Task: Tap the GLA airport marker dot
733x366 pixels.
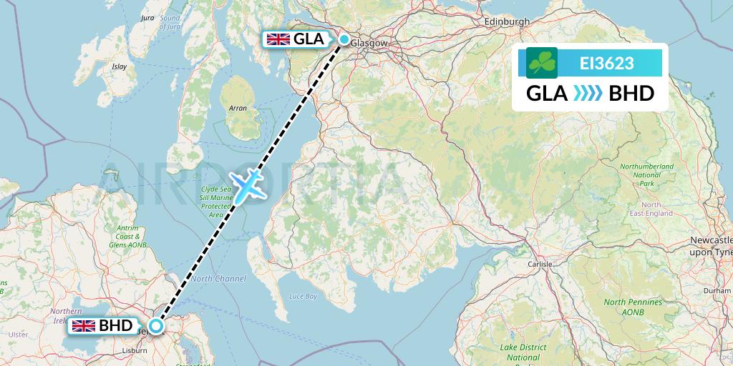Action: click(344, 40)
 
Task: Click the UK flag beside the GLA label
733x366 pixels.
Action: click(278, 40)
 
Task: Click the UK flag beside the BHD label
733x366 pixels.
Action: click(84, 326)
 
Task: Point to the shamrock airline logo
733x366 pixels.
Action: click(542, 63)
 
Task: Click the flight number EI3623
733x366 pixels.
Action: click(606, 63)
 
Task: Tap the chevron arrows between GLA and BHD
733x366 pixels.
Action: click(587, 94)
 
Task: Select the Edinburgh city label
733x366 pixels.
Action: click(507, 21)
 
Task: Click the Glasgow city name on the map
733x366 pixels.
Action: click(372, 43)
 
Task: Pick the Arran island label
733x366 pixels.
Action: click(237, 108)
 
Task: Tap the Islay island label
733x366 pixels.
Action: click(119, 66)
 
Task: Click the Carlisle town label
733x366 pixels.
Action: click(540, 264)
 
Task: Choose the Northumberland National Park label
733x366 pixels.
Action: click(646, 175)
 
